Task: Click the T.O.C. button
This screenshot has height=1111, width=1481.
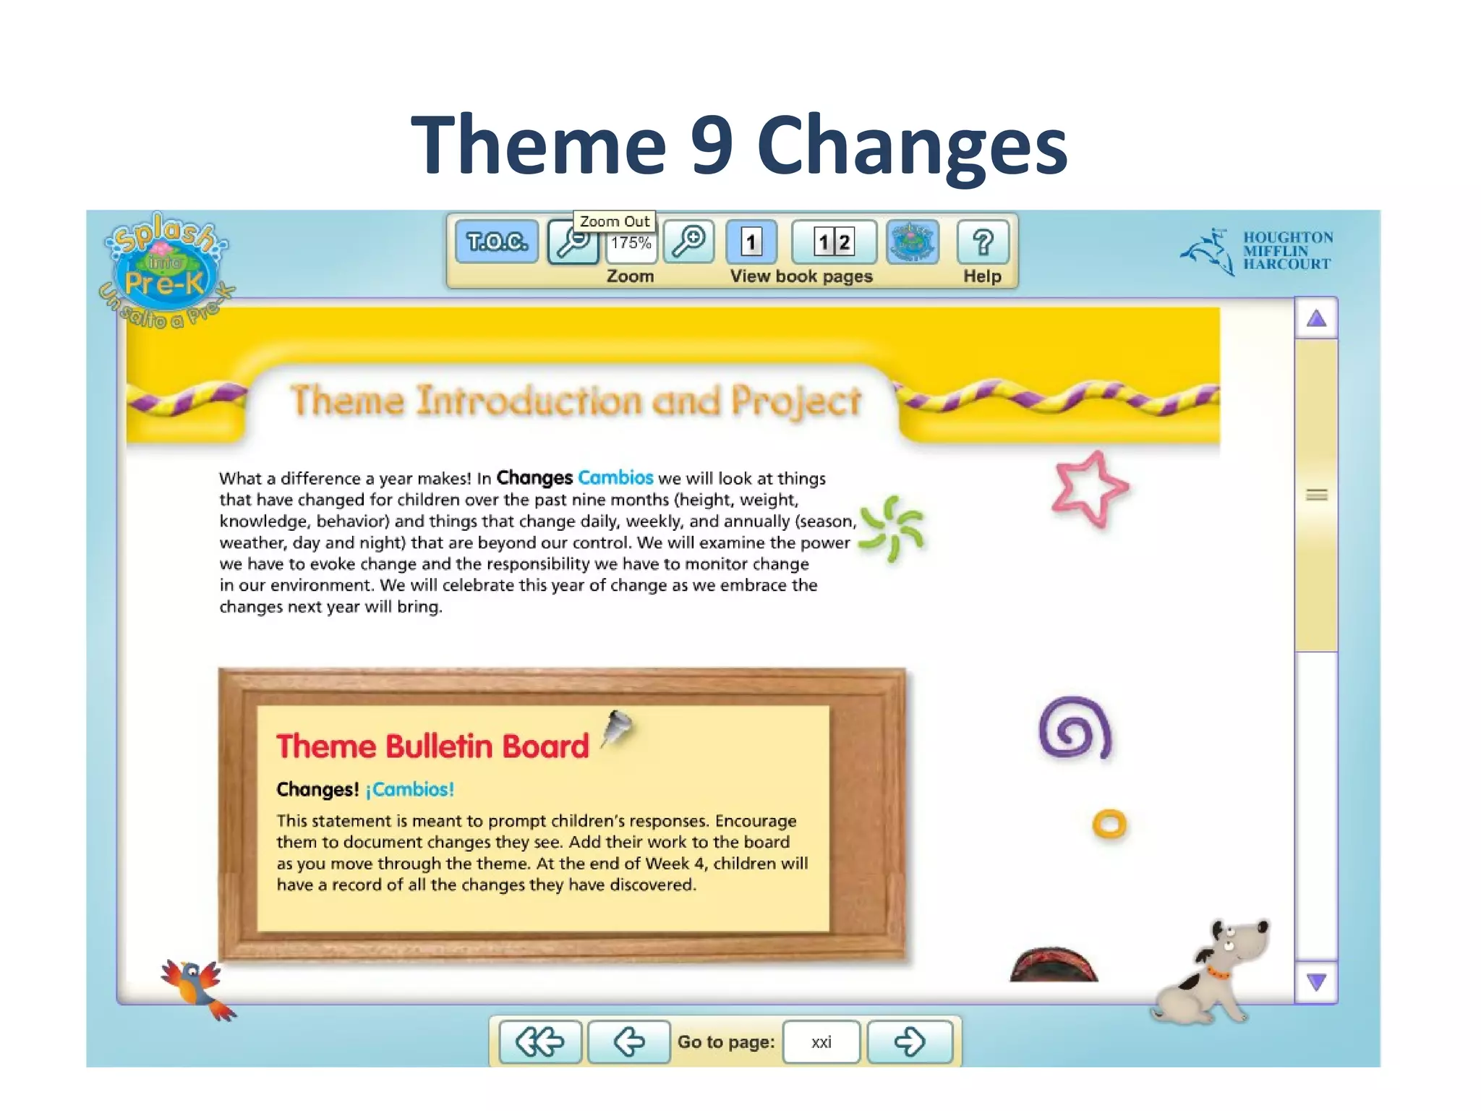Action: [x=497, y=242]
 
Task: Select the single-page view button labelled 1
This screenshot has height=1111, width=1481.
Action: [x=751, y=242]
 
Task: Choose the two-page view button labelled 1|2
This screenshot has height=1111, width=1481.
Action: [x=834, y=242]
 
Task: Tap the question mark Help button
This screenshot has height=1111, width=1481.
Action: [x=982, y=242]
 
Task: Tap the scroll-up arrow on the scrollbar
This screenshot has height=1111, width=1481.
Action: [x=1316, y=319]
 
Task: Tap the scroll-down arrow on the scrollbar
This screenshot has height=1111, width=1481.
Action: [x=1316, y=982]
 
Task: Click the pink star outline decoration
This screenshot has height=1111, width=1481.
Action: [x=1089, y=489]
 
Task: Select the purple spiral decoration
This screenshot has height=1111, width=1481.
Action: [x=1075, y=728]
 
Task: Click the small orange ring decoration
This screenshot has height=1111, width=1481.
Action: [x=1109, y=824]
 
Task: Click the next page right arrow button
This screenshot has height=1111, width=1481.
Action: [x=909, y=1042]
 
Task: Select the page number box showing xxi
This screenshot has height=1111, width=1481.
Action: [x=821, y=1042]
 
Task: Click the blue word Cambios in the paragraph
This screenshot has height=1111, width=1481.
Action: [x=615, y=478]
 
